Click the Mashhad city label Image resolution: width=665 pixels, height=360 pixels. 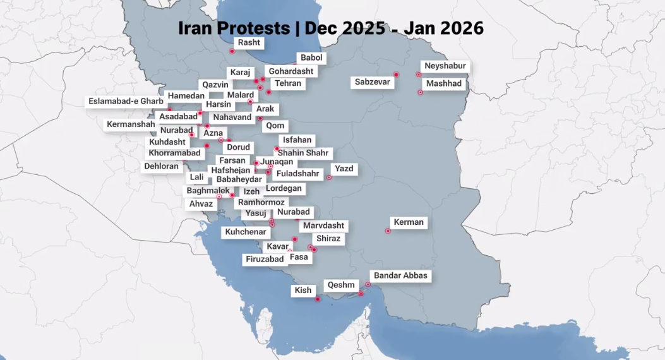click(443, 83)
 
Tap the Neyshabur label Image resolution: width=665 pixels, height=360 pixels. click(445, 66)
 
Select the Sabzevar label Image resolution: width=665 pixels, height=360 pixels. click(373, 82)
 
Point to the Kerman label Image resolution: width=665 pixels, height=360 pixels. click(409, 222)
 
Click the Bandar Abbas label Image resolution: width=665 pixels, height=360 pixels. click(400, 275)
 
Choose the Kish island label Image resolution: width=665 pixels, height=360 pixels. click(303, 291)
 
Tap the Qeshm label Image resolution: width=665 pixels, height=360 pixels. click(341, 285)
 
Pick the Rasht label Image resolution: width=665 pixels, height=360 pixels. click(249, 43)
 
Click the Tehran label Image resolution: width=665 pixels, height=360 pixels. click(288, 83)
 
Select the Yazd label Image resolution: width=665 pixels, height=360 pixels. click(344, 169)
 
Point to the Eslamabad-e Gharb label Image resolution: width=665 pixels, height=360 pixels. click(126, 101)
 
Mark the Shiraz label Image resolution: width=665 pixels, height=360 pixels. click(328, 239)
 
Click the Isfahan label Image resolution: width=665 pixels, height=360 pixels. click(297, 140)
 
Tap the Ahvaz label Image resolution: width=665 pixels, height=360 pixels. click(201, 204)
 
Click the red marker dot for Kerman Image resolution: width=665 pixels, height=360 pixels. click(388, 231)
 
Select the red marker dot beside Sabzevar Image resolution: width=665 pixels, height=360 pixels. click(396, 75)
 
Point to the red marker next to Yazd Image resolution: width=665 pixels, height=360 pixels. click(329, 177)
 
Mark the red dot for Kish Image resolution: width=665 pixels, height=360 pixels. click(318, 299)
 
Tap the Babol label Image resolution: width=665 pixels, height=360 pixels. click(311, 58)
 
